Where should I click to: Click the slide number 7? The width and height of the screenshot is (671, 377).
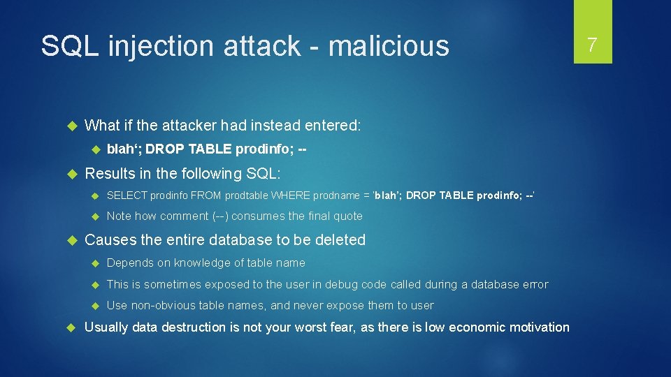coord(592,45)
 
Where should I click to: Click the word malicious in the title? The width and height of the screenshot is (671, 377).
coord(389,46)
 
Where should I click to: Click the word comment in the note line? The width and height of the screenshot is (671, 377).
coord(185,216)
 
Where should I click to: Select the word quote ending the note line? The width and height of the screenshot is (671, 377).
coord(348,216)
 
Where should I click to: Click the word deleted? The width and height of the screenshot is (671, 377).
coord(340,239)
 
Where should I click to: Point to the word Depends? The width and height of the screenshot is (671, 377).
coord(128,263)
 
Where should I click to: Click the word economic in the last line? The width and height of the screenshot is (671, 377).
coord(478,327)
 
